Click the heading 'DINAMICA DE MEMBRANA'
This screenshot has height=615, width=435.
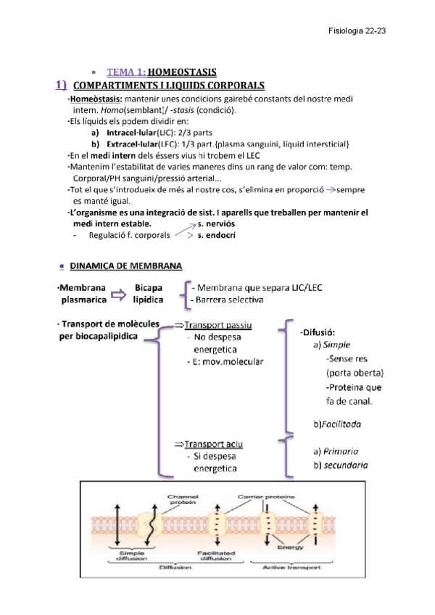coord(126,265)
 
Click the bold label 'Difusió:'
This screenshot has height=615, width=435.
coord(317,332)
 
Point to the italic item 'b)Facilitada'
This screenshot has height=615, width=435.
coord(337,423)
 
